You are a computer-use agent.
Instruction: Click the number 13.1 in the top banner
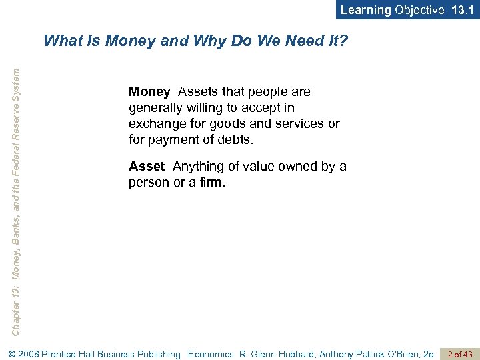pos(463,10)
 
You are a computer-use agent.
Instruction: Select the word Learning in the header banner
pos(366,10)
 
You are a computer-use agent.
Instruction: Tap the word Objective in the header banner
pos(419,10)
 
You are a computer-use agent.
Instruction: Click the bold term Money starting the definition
pos(149,91)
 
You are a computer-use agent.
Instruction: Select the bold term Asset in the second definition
pos(147,166)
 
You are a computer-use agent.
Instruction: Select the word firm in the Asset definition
pos(212,182)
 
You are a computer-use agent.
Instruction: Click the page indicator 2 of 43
pos(459,354)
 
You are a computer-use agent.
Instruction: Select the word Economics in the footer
pos(211,354)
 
